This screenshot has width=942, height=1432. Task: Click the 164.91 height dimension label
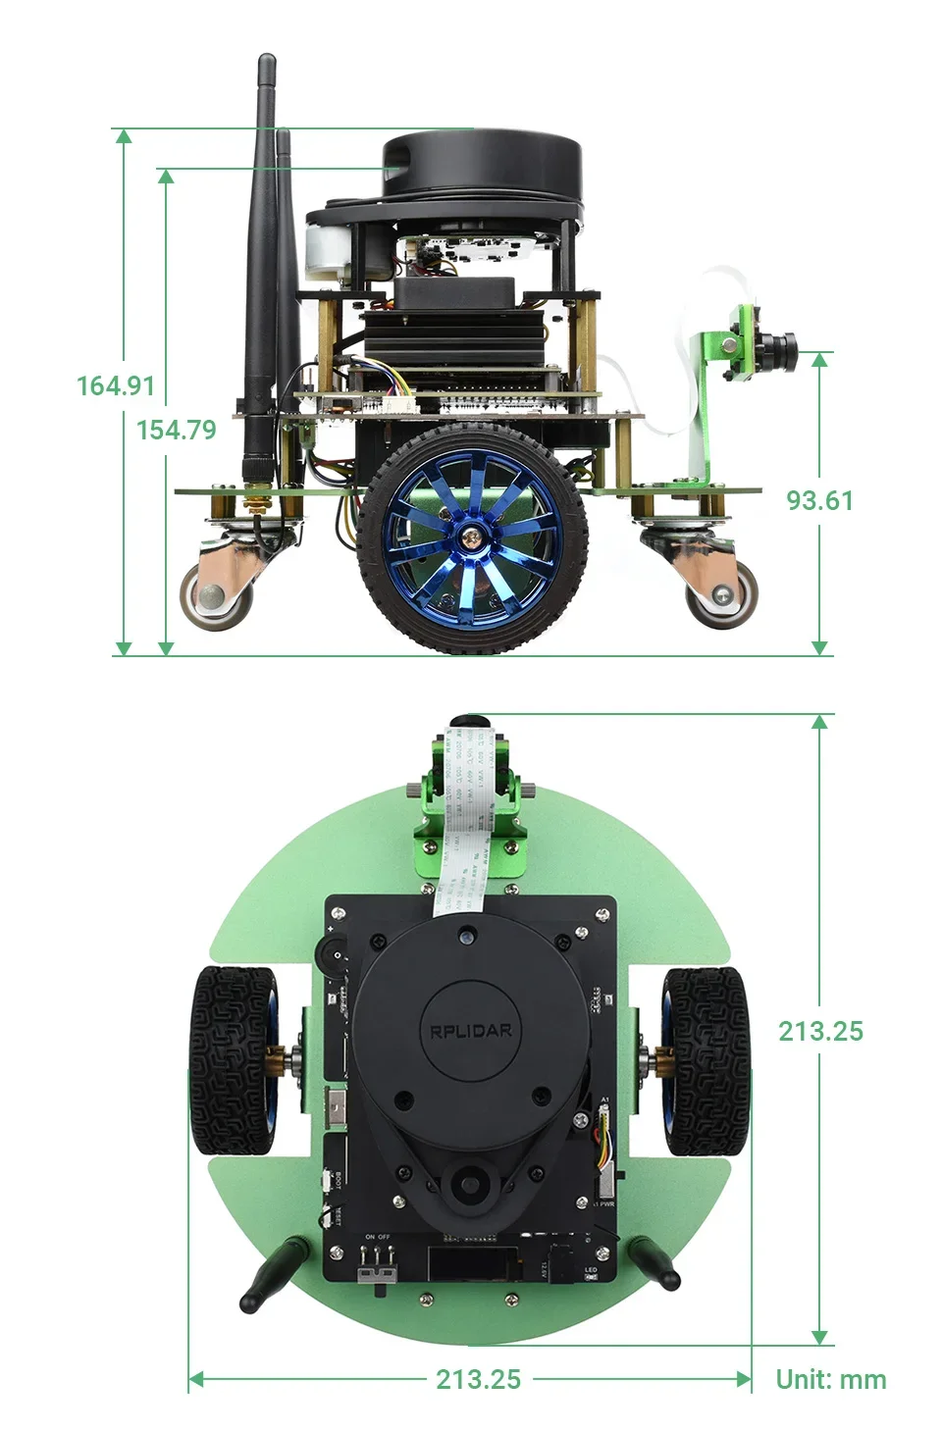[x=116, y=385]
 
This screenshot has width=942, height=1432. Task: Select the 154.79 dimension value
[x=177, y=430]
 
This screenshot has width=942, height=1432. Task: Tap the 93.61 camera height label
[x=819, y=500]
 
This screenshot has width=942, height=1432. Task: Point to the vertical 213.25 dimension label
[x=820, y=1031]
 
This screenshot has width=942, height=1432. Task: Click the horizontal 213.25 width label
[x=478, y=1379]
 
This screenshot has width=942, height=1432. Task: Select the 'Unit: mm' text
[x=830, y=1379]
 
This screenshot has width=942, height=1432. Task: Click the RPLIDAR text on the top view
[x=471, y=1031]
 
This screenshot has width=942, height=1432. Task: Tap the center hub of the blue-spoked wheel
[x=473, y=537]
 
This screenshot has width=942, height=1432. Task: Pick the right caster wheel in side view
[x=722, y=593]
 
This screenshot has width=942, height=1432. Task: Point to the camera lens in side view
[x=784, y=345]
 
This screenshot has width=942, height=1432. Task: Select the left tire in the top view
[x=234, y=1059]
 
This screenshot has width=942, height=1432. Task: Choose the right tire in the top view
[x=706, y=1059]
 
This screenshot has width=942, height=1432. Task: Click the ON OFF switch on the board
[x=377, y=1272]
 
